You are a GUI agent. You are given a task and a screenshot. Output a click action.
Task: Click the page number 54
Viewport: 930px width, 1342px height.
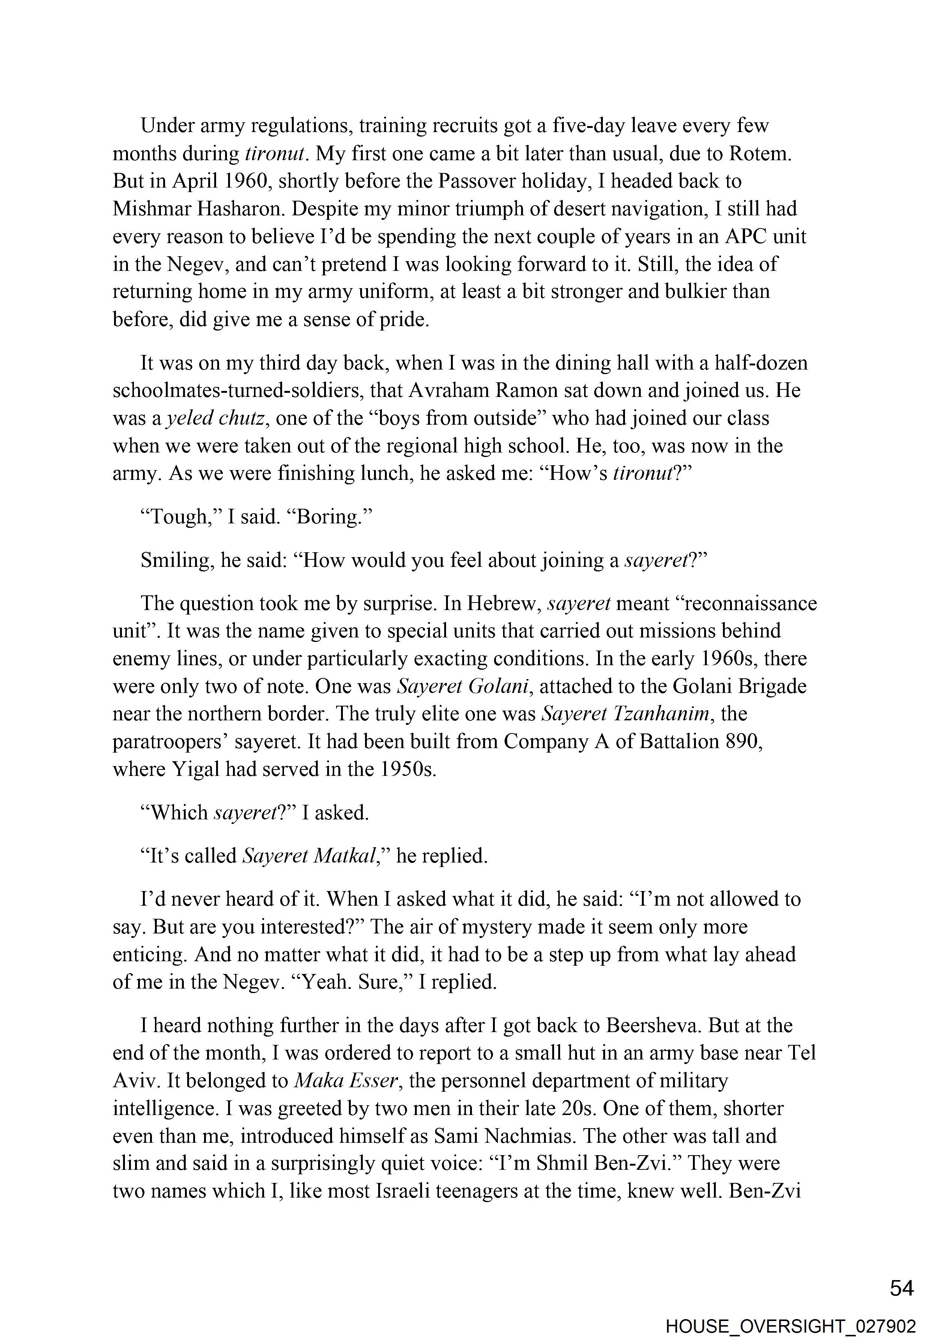tap(902, 1288)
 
